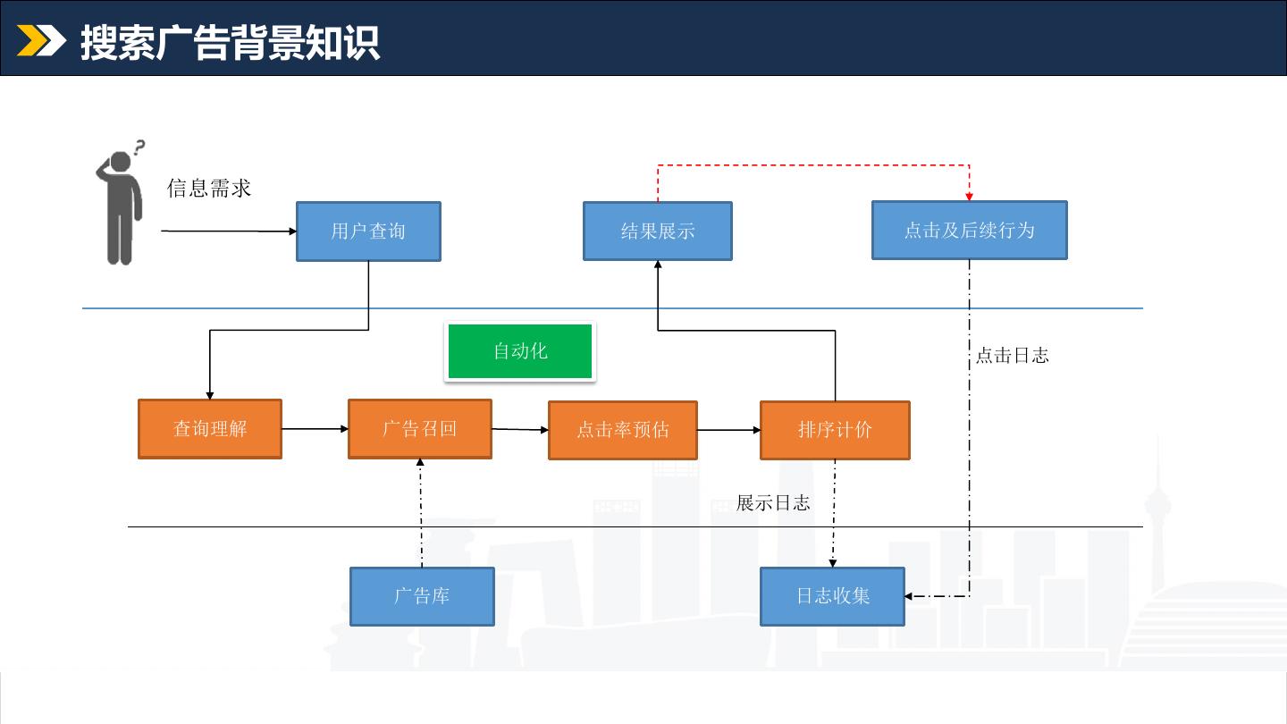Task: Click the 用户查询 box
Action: tap(368, 231)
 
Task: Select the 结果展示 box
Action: tap(657, 231)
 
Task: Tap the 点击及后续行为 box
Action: tap(969, 230)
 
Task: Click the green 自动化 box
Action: tap(520, 351)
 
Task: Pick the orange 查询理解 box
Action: tap(210, 429)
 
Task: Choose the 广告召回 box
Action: tap(420, 429)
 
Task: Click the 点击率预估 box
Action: tap(623, 430)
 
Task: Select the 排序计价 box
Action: tap(835, 430)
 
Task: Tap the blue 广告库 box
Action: tap(422, 596)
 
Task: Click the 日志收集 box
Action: tap(833, 596)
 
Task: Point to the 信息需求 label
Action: tap(208, 188)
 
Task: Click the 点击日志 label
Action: tap(1013, 355)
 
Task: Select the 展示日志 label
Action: tap(773, 502)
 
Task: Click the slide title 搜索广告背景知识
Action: tap(230, 43)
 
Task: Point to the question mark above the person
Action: tap(139, 147)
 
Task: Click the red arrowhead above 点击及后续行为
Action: tap(969, 197)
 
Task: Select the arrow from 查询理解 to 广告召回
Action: tap(315, 429)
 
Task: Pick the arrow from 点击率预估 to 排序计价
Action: tap(729, 430)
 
